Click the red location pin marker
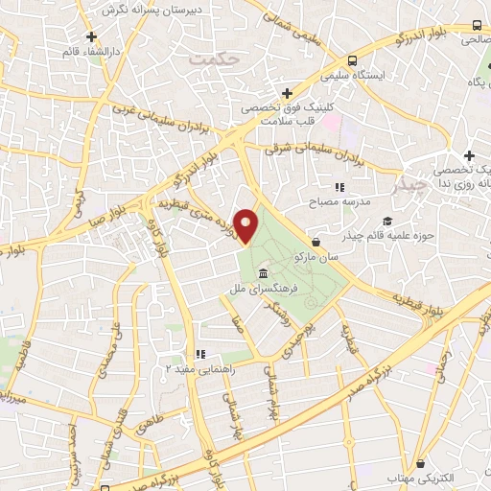[246, 226]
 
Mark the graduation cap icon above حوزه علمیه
[397, 220]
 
